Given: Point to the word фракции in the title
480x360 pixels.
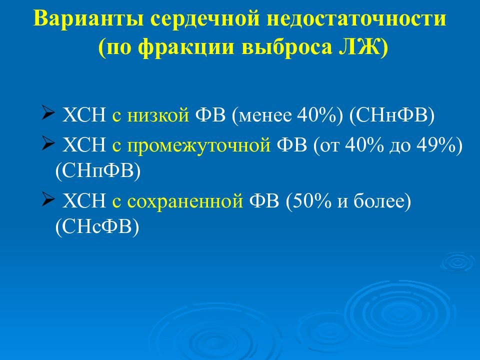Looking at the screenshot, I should click(x=188, y=48).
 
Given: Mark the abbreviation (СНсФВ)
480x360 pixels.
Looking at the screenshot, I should click(x=97, y=226).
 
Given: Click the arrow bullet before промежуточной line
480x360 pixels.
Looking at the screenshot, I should click(x=48, y=144).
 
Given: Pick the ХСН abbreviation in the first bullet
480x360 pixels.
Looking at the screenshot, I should click(x=83, y=115).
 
